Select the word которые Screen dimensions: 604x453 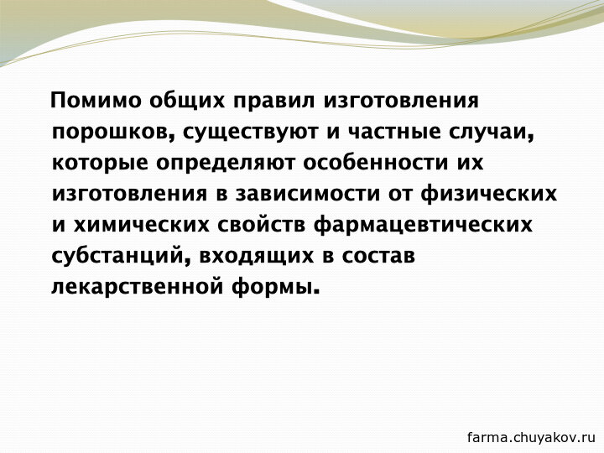pyautogui.click(x=100, y=163)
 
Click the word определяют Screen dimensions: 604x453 pyautogui.click(x=226, y=163)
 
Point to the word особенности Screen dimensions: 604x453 pyautogui.click(x=376, y=161)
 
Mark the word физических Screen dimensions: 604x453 pyautogui.click(x=488, y=194)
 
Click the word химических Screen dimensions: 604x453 pyautogui.click(x=142, y=225)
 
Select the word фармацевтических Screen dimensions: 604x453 pyautogui.click(x=423, y=226)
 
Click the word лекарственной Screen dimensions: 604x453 pyautogui.click(x=137, y=288)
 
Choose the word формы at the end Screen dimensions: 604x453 pyautogui.click(x=276, y=288)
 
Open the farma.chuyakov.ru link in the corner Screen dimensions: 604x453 pyautogui.click(x=531, y=437)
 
